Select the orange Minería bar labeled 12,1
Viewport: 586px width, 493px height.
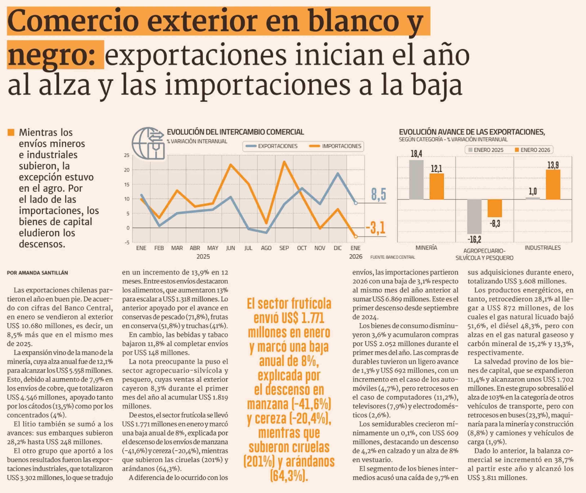436,186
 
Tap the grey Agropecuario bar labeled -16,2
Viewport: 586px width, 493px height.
474,217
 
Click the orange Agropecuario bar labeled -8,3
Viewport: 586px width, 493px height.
495,208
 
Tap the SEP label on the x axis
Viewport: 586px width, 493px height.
284,248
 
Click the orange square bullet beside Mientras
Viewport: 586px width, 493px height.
11,132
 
